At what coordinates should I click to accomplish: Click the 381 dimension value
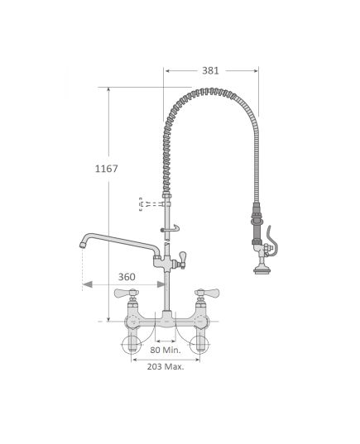(210, 70)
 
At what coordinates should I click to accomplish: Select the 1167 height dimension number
(106, 169)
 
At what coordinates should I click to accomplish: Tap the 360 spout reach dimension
(127, 277)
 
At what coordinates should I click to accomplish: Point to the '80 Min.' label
(166, 350)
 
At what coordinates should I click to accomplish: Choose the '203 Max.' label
(166, 367)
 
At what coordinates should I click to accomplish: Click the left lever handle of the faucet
(127, 293)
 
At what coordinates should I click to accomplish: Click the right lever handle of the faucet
(207, 293)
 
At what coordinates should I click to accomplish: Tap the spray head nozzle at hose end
(262, 269)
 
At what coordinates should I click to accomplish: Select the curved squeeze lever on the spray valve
(272, 241)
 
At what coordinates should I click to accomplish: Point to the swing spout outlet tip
(83, 245)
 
